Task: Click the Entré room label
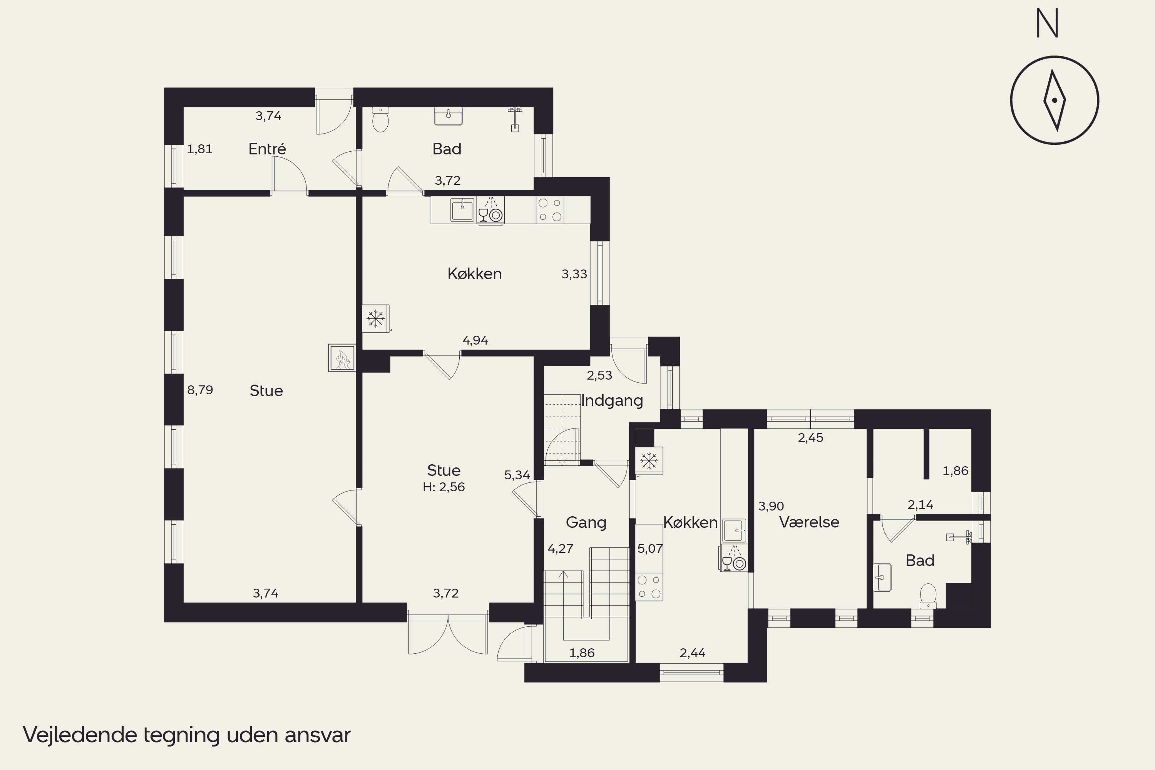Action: pyautogui.click(x=267, y=149)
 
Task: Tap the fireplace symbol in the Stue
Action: pyautogui.click(x=342, y=358)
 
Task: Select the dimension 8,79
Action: pyautogui.click(x=200, y=390)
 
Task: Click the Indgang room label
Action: pyautogui.click(x=612, y=401)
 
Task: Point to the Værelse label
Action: pyautogui.click(x=809, y=522)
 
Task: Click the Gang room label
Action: pyautogui.click(x=586, y=522)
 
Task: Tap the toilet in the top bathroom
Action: pyautogui.click(x=381, y=119)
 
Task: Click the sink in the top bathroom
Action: pyautogui.click(x=449, y=116)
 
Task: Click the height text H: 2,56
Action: pyautogui.click(x=444, y=487)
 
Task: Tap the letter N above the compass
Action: pyautogui.click(x=1047, y=23)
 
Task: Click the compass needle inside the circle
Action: pyautogui.click(x=1055, y=100)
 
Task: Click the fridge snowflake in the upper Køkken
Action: pyautogui.click(x=376, y=319)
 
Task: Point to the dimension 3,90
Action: pyautogui.click(x=771, y=506)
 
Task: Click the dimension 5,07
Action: pyautogui.click(x=650, y=549)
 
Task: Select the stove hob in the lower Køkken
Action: pyautogui.click(x=649, y=587)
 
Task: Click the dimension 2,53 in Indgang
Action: pyautogui.click(x=599, y=375)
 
